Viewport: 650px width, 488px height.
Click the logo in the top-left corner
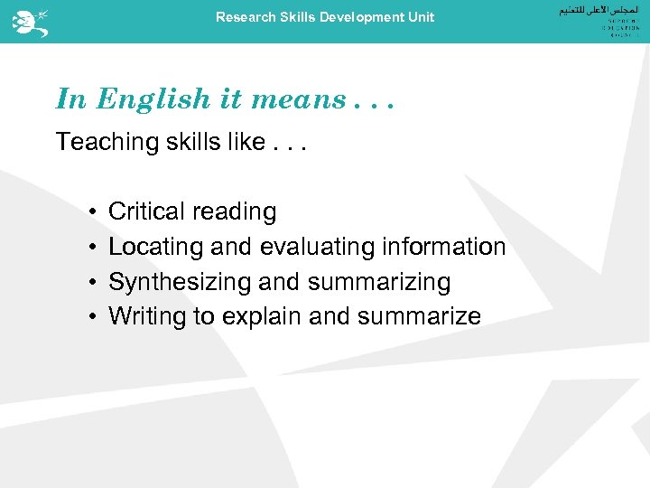(x=30, y=20)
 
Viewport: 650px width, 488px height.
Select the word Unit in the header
(x=420, y=17)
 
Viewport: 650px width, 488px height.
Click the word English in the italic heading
(x=153, y=99)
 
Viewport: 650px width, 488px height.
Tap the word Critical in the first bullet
(x=145, y=211)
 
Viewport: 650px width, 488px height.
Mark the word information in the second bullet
(x=443, y=247)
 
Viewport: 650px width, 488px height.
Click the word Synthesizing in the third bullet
(x=180, y=282)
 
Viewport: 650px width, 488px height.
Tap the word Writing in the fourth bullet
(x=146, y=317)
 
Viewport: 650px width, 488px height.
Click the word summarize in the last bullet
(x=420, y=317)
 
